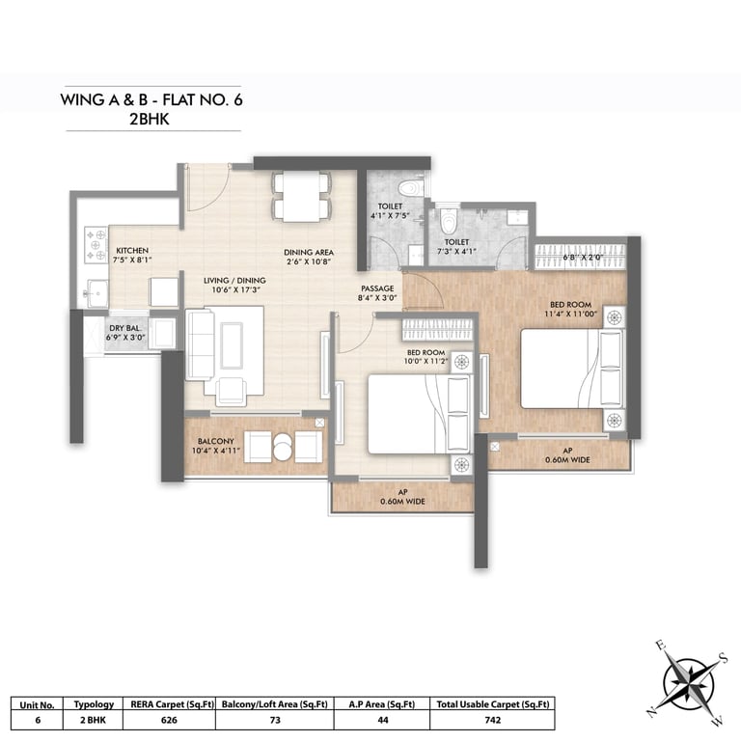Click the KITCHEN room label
coord(132,251)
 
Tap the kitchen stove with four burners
coord(96,245)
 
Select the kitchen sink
coord(96,293)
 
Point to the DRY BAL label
coord(124,328)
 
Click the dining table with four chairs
coord(301,197)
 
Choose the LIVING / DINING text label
coord(234,280)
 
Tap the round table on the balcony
coord(283,446)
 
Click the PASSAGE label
coord(377,288)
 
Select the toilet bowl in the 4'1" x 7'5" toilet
coord(410,188)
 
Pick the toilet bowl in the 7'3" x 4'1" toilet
coord(448,221)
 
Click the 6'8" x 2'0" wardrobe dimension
coord(583,258)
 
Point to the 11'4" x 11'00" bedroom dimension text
coord(571,314)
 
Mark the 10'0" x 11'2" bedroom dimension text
coord(425,362)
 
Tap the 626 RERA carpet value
coord(169,720)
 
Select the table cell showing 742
coord(492,720)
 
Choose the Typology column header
coord(94,704)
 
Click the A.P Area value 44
coord(383,720)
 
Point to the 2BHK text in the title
coord(150,119)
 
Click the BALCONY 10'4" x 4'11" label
coord(216,446)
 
